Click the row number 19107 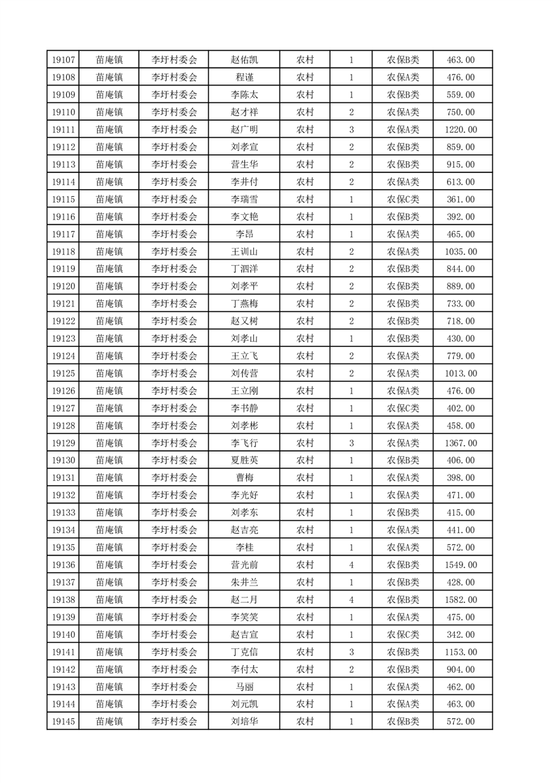pos(63,60)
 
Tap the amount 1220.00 pos(460,130)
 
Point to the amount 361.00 pos(460,200)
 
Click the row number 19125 pos(63,373)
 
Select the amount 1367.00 pos(460,443)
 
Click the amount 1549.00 pos(460,565)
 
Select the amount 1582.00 pos(460,599)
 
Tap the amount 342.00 pos(460,634)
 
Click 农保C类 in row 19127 pos(402,408)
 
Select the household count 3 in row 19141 pos(351,652)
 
